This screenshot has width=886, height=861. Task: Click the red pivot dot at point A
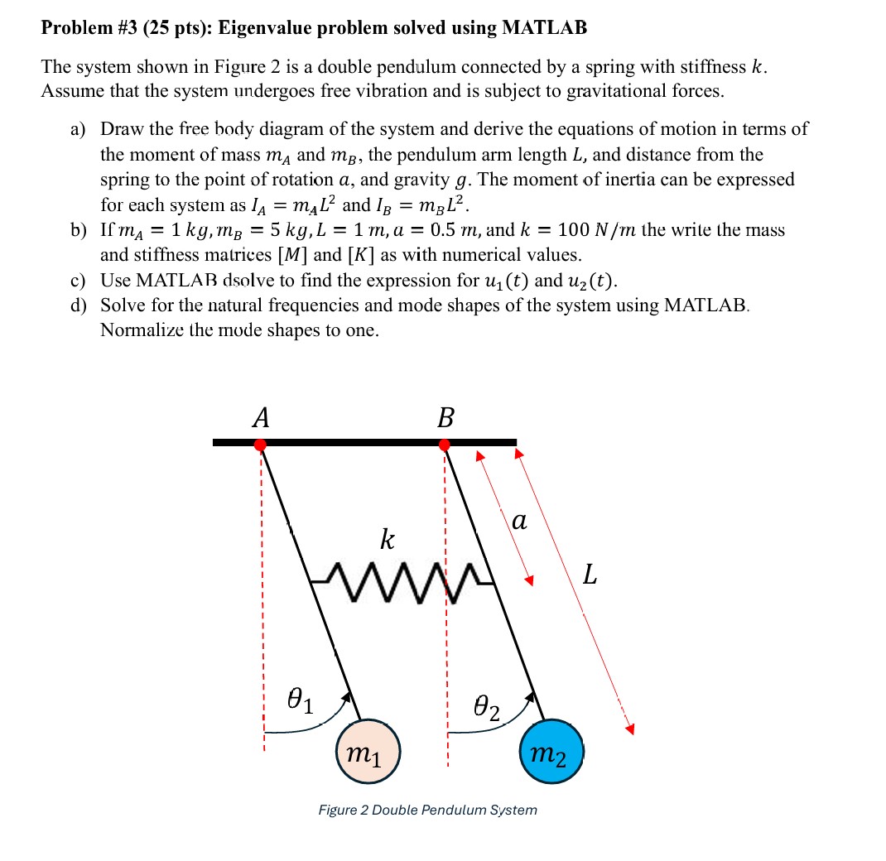click(x=260, y=445)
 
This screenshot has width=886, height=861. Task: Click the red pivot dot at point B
click(x=445, y=445)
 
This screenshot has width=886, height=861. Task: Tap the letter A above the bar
click(x=261, y=417)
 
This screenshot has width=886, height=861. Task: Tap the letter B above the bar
click(x=445, y=417)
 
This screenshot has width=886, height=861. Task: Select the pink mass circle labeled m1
click(x=368, y=752)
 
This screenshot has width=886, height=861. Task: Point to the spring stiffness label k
click(x=387, y=540)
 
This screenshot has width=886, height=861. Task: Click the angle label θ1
click(x=300, y=702)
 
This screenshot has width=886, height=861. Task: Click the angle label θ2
click(x=487, y=708)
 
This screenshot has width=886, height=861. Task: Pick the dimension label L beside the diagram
click(x=589, y=574)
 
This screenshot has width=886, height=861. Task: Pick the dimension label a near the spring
click(x=519, y=521)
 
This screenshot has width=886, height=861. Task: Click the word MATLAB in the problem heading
click(x=544, y=27)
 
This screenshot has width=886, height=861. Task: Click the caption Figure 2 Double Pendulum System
click(x=427, y=810)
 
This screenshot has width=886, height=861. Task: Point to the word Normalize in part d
click(x=137, y=330)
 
